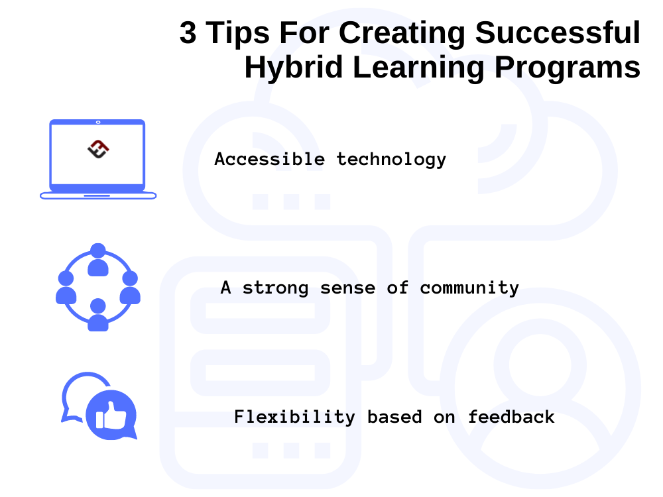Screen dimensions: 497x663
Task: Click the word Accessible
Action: click(x=269, y=160)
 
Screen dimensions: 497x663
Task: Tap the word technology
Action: click(x=391, y=160)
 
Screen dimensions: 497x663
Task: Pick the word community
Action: click(x=469, y=288)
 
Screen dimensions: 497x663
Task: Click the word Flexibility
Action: click(x=294, y=417)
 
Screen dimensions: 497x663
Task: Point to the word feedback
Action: click(x=511, y=417)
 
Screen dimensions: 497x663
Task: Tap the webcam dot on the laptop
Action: click(x=98, y=122)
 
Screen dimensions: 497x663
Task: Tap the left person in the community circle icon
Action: click(x=66, y=288)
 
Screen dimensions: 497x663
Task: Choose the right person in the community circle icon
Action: click(x=130, y=288)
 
